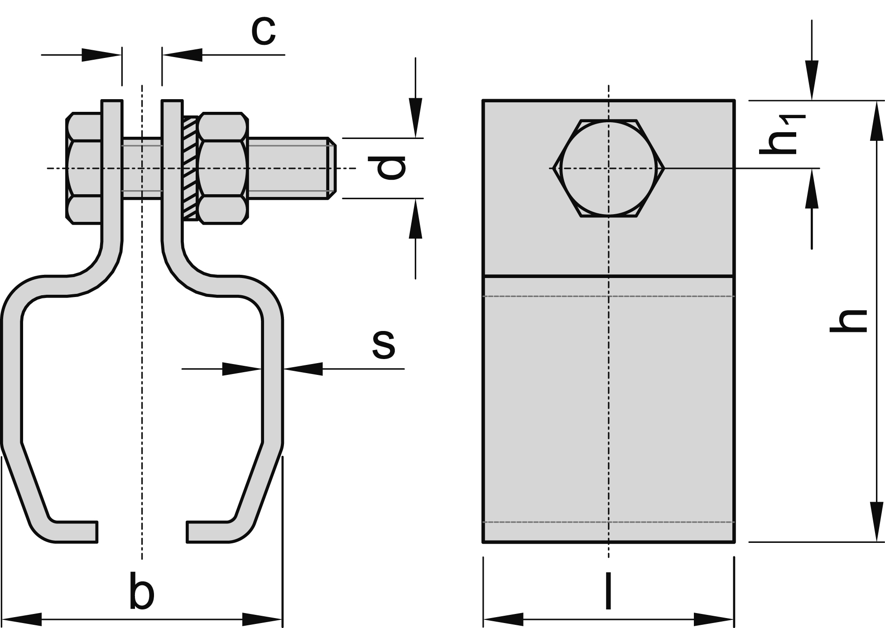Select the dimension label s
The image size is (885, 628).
[384, 345]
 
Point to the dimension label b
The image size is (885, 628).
[141, 591]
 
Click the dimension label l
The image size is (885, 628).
[608, 591]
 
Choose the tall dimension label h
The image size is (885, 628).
[848, 321]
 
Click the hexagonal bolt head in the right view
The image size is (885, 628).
[608, 168]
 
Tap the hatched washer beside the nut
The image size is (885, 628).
[190, 168]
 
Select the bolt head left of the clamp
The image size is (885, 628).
[84, 168]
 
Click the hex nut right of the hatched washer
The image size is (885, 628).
[223, 168]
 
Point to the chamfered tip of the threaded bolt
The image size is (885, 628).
[332, 168]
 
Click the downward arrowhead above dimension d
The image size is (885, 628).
[415, 118]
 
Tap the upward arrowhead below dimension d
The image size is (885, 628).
[415, 219]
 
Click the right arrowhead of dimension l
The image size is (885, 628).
[714, 619]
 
